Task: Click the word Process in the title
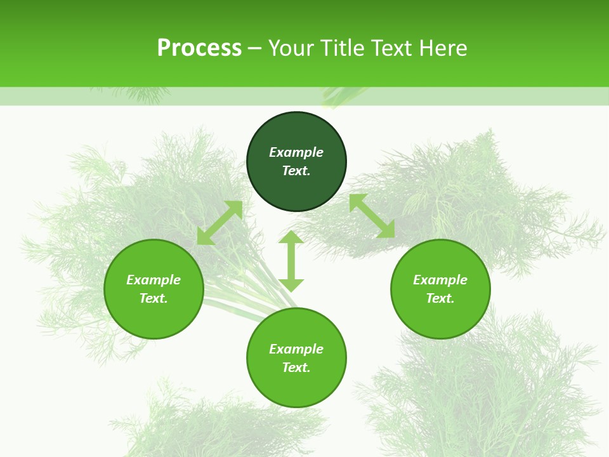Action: pyautogui.click(x=199, y=48)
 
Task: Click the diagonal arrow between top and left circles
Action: pyautogui.click(x=219, y=223)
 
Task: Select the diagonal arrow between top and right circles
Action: pyautogui.click(x=372, y=216)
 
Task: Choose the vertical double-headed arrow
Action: pyautogui.click(x=291, y=261)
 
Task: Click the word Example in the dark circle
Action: pyautogui.click(x=296, y=152)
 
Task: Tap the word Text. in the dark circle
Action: pyautogui.click(x=296, y=171)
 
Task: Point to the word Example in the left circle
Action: pyautogui.click(x=154, y=280)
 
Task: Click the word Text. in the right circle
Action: pyautogui.click(x=440, y=298)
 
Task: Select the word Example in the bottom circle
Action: pyautogui.click(x=296, y=349)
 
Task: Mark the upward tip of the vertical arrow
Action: pyautogui.click(x=291, y=234)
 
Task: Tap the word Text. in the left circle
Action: pyautogui.click(x=154, y=298)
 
